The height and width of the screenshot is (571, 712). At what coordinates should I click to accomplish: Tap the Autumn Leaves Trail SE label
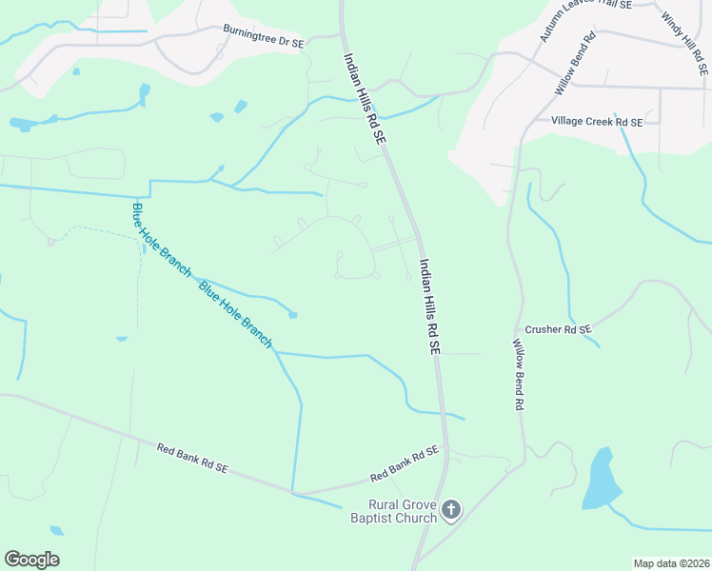[584, 20]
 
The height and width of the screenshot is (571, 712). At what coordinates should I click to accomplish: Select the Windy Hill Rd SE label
[684, 44]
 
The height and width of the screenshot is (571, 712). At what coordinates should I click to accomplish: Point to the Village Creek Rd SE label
[597, 122]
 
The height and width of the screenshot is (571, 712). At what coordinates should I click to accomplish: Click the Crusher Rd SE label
[559, 329]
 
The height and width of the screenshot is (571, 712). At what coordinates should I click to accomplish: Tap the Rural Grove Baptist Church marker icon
[451, 510]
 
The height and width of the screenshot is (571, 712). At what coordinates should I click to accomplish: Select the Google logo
[31, 559]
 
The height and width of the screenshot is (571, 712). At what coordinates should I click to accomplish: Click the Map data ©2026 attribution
[671, 563]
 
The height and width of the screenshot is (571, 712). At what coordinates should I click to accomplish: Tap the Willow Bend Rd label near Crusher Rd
[519, 374]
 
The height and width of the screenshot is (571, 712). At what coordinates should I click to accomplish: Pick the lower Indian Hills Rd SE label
[430, 307]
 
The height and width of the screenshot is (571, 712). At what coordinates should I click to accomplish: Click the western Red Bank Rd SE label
[192, 459]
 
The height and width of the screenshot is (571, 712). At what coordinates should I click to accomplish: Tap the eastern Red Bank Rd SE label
[404, 463]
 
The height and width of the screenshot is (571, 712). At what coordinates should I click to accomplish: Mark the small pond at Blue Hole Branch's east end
[292, 315]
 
